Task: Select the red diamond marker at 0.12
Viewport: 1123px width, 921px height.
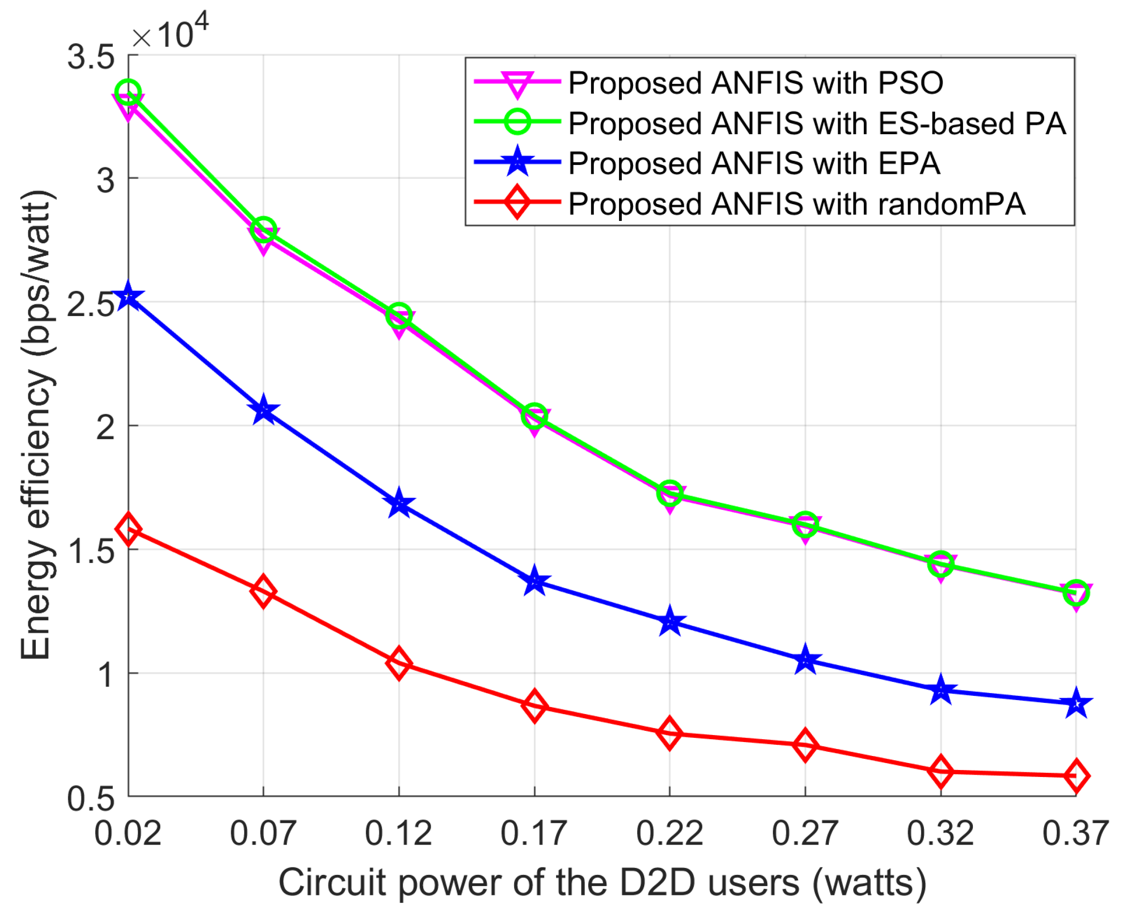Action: tap(399, 663)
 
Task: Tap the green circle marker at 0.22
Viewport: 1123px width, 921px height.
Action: tap(669, 493)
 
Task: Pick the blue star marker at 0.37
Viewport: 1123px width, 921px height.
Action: tap(1076, 703)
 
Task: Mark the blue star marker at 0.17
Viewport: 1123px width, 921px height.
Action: tap(534, 582)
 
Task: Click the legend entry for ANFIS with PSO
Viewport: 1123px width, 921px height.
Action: tap(755, 83)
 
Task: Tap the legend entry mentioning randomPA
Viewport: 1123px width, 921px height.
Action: tap(796, 204)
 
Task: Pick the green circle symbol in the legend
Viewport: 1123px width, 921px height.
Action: tap(517, 123)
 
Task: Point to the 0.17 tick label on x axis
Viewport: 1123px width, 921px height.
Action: tap(534, 833)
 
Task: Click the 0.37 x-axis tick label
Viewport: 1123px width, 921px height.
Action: tap(1075, 833)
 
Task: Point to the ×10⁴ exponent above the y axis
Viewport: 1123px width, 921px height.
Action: tap(170, 33)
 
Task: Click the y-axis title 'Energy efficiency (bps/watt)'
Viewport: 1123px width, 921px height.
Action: tap(36, 425)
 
